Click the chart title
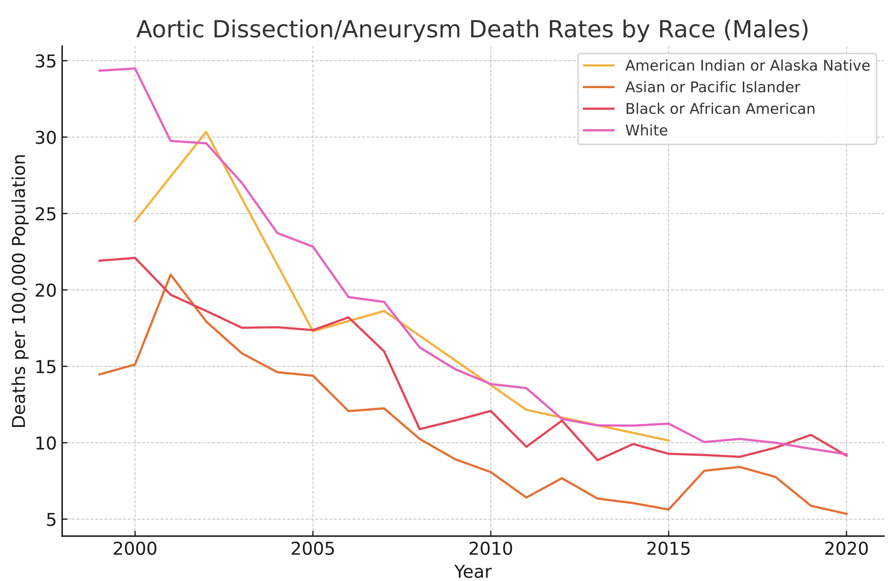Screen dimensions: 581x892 472,30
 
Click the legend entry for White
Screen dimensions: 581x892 646,130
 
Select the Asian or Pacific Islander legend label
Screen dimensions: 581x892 712,87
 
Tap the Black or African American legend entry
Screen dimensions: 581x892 720,109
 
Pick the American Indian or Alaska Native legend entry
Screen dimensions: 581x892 747,65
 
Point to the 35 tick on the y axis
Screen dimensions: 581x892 46,61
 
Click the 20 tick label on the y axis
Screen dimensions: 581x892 46,290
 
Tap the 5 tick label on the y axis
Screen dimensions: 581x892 51,519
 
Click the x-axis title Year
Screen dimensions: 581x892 472,572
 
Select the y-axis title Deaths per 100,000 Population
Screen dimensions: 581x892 19,290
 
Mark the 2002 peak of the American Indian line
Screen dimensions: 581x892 206,131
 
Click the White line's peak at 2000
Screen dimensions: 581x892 135,68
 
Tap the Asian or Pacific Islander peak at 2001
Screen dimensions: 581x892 170,274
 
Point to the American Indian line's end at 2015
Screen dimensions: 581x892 669,440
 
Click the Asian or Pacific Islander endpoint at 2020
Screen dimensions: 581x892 846,514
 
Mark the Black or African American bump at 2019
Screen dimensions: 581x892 811,435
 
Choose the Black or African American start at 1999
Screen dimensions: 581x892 99,260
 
